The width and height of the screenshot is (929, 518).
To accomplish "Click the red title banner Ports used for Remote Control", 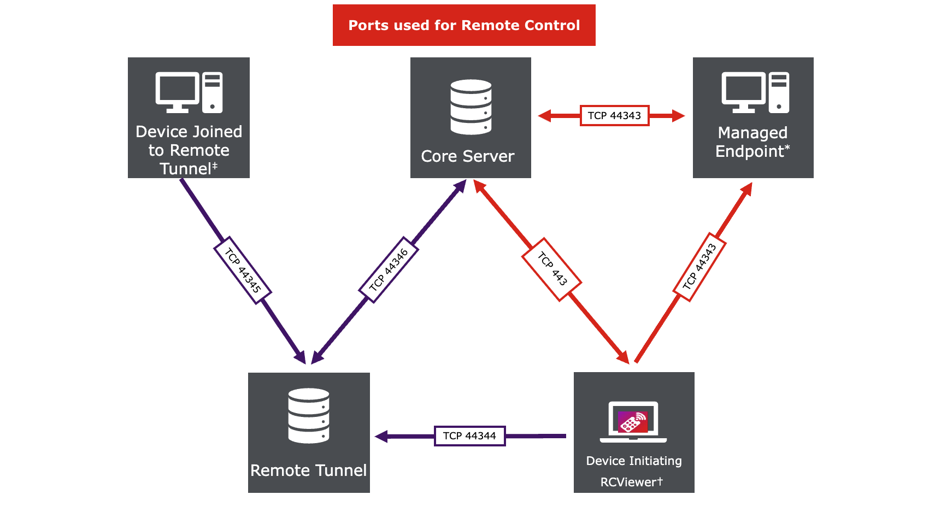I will pos(464,25).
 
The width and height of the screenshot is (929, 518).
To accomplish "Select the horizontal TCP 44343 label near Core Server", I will pos(614,115).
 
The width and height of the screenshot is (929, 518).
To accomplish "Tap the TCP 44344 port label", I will pos(469,435).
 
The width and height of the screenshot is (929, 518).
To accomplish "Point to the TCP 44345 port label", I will pos(242,270).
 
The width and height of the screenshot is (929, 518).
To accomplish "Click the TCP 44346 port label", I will pos(389,270).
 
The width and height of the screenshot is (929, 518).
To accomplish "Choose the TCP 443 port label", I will pos(552,269).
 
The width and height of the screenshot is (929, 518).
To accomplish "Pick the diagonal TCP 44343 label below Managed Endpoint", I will pos(699,267).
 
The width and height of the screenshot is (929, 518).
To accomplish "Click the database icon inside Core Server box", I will pos(471,107).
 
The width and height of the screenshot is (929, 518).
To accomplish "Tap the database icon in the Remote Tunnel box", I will pos(309,415).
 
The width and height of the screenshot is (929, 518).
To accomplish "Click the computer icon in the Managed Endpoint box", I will pos(755,92).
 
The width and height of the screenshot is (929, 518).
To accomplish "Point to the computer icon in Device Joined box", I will pos(189,92).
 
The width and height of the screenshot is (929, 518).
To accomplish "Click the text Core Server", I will pos(468,156).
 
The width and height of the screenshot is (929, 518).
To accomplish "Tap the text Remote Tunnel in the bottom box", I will pos(309,470).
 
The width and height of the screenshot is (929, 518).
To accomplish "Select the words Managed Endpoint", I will pos(752,142).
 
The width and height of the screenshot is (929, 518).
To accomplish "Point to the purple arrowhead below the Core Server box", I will pos(461,186).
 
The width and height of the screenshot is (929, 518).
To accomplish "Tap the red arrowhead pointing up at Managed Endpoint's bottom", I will pos(747,189).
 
